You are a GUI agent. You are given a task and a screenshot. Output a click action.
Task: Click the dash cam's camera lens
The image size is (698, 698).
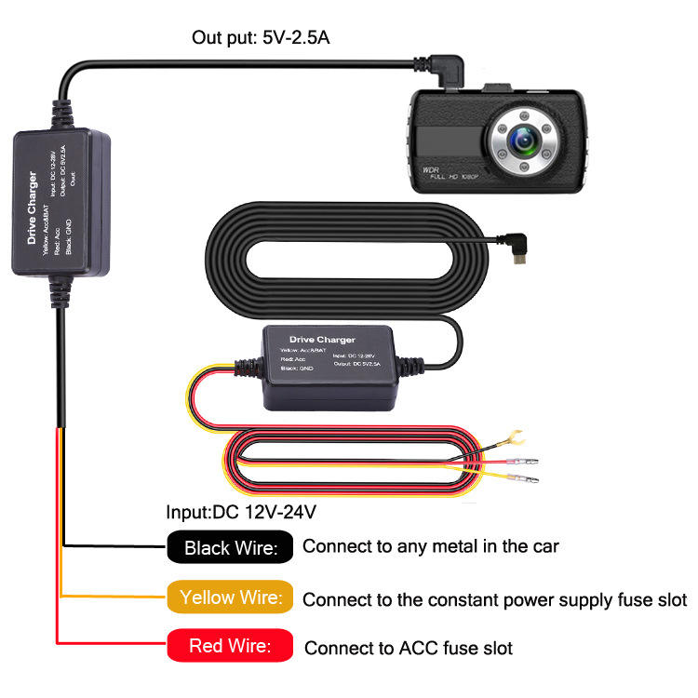tap(522, 141)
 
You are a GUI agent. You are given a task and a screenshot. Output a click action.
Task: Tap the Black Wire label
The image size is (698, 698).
tap(231, 547)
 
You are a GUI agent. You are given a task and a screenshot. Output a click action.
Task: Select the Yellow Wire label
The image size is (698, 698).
tap(231, 597)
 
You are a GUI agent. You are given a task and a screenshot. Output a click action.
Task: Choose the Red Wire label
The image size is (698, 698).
tap(231, 646)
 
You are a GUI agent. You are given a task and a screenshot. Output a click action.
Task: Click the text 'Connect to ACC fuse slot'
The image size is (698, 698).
tap(409, 647)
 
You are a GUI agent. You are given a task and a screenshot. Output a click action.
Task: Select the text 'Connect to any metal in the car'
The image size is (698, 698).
tap(430, 546)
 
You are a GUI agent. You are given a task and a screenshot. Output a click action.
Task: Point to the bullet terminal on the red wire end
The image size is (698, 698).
tap(517, 462)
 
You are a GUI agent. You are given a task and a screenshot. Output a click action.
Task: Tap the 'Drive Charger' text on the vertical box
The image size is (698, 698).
tap(33, 208)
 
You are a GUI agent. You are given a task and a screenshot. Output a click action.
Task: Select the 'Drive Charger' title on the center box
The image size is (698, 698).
tap(323, 341)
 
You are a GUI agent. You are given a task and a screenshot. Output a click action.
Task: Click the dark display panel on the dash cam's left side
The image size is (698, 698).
tap(450, 142)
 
